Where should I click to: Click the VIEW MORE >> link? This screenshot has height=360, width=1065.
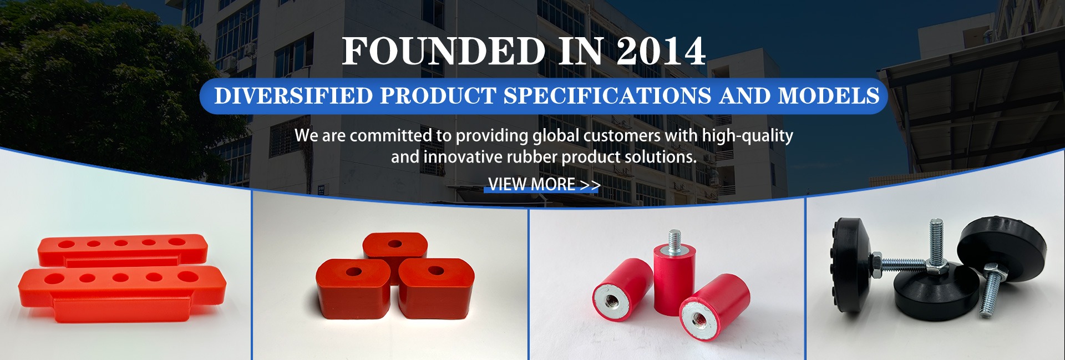point(544,184)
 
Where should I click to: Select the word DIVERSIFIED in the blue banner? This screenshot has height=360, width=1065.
point(293,96)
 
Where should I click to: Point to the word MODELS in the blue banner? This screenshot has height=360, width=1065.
point(829,96)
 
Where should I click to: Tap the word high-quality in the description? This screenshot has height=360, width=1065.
point(747,136)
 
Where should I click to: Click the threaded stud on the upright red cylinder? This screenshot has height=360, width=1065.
point(674,241)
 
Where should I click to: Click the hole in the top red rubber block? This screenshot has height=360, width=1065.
point(395,244)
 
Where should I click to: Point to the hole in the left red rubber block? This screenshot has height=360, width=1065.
point(353,272)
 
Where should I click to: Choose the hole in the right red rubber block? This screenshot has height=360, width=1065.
point(436,271)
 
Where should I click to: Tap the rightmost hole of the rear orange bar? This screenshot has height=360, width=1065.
point(177,242)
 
